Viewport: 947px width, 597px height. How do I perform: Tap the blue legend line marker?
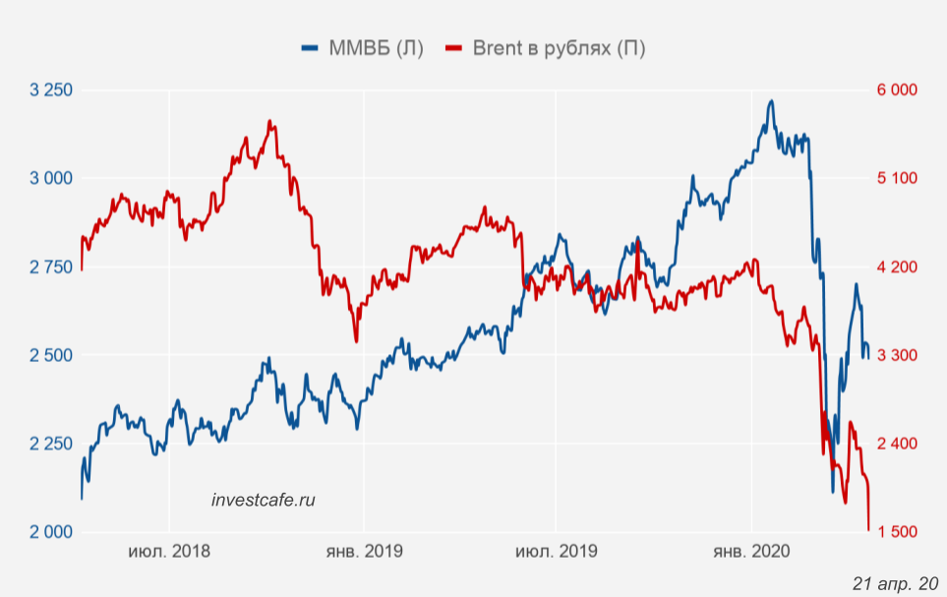(x=311, y=48)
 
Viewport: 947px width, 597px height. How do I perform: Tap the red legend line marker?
(x=453, y=48)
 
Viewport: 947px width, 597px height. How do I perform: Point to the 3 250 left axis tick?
(x=52, y=90)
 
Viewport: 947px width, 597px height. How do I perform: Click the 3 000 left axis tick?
(x=52, y=178)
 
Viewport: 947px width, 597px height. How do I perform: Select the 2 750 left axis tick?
(x=52, y=268)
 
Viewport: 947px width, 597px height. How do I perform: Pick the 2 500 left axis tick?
(x=52, y=355)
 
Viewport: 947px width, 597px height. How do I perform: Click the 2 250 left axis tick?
(x=52, y=444)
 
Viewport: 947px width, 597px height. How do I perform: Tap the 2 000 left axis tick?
(x=52, y=532)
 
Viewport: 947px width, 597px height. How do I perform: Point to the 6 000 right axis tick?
(x=896, y=90)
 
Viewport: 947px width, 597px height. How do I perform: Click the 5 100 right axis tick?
(x=896, y=178)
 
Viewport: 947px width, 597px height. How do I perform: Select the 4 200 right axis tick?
(x=896, y=268)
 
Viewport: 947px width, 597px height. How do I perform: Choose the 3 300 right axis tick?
(x=896, y=355)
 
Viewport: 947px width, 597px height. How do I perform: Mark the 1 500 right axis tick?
(x=896, y=532)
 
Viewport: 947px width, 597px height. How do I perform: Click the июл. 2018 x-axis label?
(x=169, y=552)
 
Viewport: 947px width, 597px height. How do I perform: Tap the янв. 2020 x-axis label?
(x=751, y=552)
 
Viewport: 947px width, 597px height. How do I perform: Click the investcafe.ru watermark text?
(x=264, y=501)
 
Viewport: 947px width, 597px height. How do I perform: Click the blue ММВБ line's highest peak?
(x=771, y=100)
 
